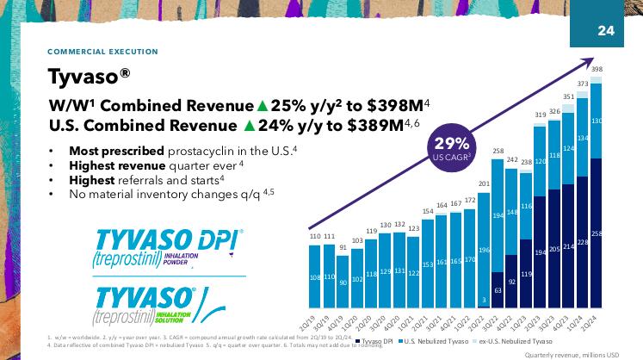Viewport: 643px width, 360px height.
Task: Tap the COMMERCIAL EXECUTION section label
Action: pos(102,52)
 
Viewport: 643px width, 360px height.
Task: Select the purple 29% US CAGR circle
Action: pos(451,149)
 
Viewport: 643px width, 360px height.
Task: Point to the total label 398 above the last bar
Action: pos(597,68)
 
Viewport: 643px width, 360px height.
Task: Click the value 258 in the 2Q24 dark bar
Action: pos(597,233)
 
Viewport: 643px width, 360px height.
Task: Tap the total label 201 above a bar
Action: pos(484,183)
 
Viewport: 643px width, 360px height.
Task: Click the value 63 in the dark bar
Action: pos(498,291)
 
